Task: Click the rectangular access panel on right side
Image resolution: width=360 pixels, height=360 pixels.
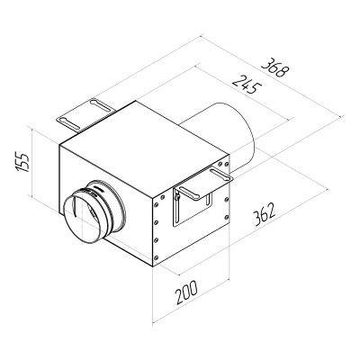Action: [x=192, y=212]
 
